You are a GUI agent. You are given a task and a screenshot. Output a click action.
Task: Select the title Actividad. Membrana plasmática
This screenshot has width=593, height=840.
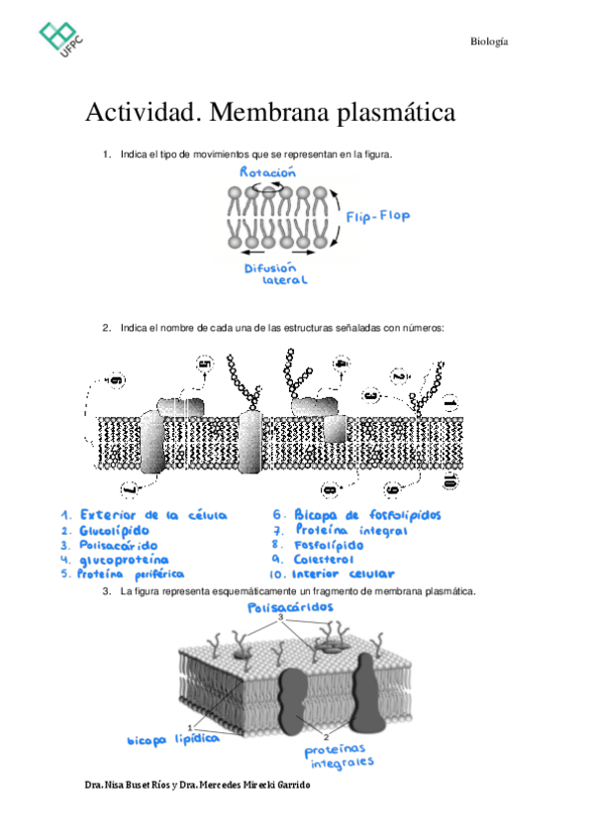click(270, 113)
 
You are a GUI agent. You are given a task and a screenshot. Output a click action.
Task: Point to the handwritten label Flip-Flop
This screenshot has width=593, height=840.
click(377, 215)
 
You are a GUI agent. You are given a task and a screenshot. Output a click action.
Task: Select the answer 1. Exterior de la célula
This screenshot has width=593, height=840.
click(144, 515)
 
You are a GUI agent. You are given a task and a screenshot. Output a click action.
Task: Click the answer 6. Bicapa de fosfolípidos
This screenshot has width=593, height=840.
click(356, 515)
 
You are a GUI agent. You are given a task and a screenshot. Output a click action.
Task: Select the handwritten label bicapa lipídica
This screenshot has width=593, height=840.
click(172, 739)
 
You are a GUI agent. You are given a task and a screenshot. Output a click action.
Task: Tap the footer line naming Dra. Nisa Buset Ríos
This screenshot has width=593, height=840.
click(198, 785)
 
